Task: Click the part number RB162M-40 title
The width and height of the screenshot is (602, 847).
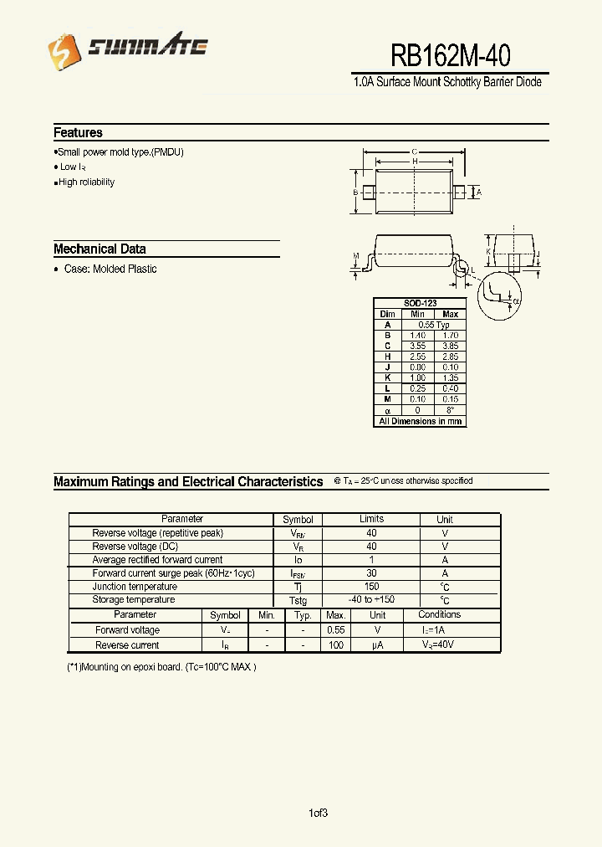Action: click(x=451, y=55)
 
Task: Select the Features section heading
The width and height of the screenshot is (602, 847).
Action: click(x=78, y=132)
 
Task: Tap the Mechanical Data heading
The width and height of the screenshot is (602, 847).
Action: click(x=99, y=249)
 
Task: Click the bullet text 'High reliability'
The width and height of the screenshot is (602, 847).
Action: click(x=86, y=182)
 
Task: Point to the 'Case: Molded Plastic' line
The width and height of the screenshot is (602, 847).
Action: click(x=110, y=269)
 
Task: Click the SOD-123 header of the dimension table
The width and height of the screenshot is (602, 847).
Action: click(x=420, y=303)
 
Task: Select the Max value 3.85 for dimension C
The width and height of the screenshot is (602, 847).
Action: click(x=450, y=346)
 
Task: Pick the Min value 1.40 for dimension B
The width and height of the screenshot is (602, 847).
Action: click(x=417, y=335)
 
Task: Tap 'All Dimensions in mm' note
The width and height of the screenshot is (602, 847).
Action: click(x=420, y=421)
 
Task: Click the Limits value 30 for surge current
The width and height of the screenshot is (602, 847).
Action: click(x=371, y=573)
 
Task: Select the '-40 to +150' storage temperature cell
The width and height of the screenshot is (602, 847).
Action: click(x=371, y=600)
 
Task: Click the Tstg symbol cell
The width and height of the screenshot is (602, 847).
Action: click(x=298, y=601)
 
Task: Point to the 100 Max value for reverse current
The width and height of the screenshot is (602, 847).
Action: click(x=336, y=645)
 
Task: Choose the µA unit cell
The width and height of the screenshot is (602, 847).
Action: click(x=378, y=645)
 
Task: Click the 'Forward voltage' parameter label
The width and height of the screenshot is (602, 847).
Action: click(x=127, y=630)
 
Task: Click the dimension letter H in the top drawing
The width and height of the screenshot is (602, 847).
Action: click(x=415, y=162)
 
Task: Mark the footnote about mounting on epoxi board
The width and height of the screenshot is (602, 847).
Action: click(x=161, y=667)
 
